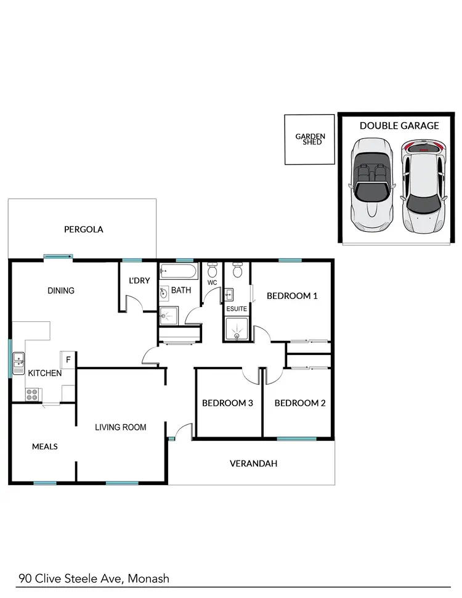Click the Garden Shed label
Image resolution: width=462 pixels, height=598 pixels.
[310, 139]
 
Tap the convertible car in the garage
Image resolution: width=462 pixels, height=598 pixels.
[370, 183]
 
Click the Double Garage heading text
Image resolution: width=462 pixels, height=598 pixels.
[399, 126]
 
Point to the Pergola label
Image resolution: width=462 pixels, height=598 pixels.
[84, 229]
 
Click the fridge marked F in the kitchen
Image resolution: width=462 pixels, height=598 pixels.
[68, 359]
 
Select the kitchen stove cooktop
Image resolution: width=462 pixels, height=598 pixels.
[33, 393]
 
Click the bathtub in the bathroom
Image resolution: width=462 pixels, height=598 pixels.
[178, 272]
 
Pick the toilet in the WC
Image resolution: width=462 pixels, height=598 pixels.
[213, 271]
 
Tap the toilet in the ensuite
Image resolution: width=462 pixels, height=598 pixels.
[237, 271]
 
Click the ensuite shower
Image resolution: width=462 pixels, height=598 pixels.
[237, 329]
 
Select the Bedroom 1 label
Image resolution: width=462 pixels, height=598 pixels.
[292, 296]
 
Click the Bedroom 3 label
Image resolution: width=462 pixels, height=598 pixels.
[228, 403]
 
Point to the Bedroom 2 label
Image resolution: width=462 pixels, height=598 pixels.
[300, 403]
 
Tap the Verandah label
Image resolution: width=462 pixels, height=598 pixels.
[253, 464]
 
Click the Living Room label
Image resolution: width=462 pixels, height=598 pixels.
[121, 427]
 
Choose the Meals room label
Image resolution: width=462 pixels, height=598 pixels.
[45, 446]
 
